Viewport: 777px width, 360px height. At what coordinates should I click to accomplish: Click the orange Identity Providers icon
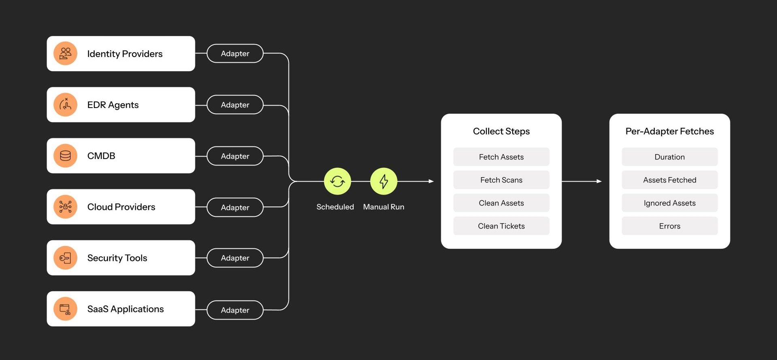pos(65,53)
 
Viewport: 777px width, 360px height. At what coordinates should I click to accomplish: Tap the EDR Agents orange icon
pos(65,105)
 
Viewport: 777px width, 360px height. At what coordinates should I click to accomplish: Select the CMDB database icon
pos(65,156)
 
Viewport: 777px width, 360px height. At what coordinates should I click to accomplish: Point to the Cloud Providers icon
pos(65,207)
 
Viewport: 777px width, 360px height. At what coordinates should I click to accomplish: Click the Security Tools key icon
pos(65,258)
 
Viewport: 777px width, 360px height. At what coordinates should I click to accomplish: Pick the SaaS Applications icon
pos(65,309)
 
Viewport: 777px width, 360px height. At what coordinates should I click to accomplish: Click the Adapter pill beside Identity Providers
pos(235,53)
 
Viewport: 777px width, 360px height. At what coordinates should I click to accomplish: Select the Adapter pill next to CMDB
pos(235,156)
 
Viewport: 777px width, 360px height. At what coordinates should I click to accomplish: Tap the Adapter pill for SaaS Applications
pos(235,310)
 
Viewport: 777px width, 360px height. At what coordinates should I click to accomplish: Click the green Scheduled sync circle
pos(338,181)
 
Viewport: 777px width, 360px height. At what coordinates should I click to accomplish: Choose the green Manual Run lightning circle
pos(384,181)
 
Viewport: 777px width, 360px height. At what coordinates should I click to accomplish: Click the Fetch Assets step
pos(501,157)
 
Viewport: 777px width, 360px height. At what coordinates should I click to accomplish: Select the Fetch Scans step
pos(501,180)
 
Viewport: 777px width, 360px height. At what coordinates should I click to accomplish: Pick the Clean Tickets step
pos(501,226)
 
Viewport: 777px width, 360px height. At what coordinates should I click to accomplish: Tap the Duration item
pos(670,157)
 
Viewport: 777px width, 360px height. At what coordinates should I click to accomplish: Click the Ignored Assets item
pos(670,203)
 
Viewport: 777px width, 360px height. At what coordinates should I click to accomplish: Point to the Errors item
pos(670,226)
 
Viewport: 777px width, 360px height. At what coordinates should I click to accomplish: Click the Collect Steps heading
pos(501,131)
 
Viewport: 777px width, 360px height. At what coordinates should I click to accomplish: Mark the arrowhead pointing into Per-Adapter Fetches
pos(599,181)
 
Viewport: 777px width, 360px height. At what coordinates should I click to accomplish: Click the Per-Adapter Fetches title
pos(670,131)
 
